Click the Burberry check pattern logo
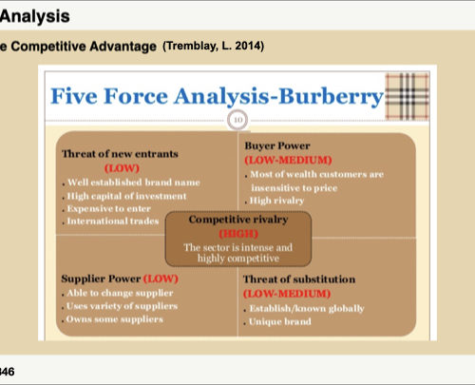point(408,96)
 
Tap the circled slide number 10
point(237,120)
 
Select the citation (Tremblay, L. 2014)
point(213,47)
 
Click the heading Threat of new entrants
point(120,154)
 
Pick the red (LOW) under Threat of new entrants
point(122,168)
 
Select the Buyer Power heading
point(277,145)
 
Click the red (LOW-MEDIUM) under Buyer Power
point(288,160)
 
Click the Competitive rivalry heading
point(238,220)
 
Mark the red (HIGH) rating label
point(238,234)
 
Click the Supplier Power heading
point(101,279)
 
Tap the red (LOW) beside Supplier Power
point(161,279)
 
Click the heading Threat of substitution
point(299,279)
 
